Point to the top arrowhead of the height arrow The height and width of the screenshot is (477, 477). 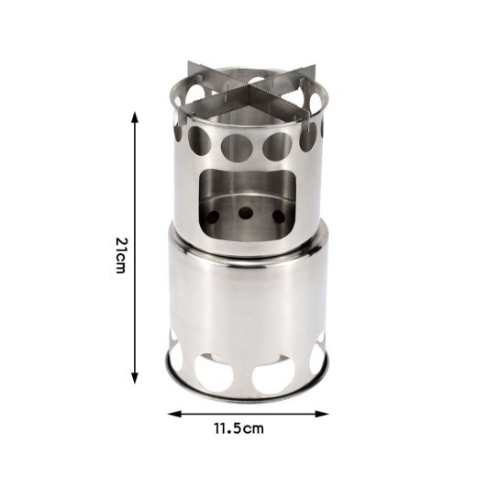(135, 116)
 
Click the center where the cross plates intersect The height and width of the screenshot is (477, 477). (246, 94)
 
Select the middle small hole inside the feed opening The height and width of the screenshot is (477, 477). (245, 213)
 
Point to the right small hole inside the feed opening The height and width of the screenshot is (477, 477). (279, 217)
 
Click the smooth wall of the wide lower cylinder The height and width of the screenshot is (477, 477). (246, 303)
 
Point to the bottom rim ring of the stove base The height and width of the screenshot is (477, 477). (246, 394)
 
